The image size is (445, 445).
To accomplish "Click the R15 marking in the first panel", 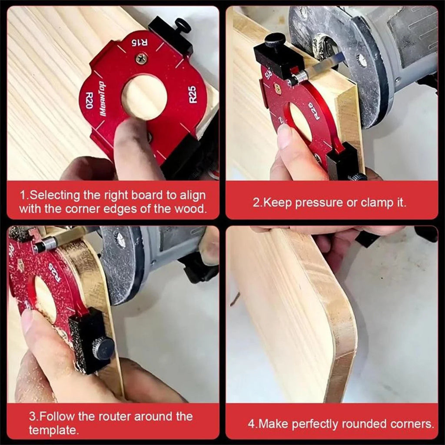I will [x=140, y=43].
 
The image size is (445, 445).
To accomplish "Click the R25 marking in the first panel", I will [x=193, y=94].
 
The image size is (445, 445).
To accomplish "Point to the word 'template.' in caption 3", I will [x=53, y=431].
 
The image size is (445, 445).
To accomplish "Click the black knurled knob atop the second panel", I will [x=275, y=40].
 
